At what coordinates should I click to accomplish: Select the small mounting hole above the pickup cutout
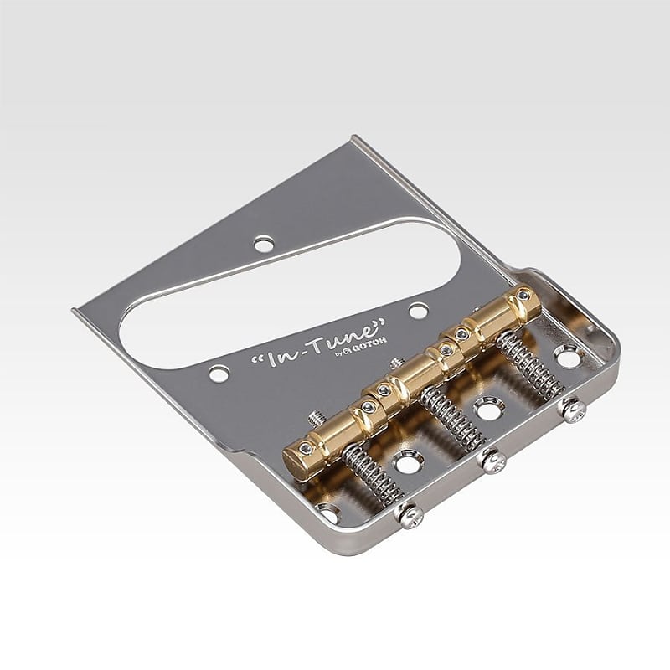tap(264, 244)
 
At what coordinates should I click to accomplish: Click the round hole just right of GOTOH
tap(418, 311)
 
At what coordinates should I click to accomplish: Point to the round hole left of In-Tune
tap(219, 374)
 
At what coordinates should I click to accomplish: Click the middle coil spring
tap(452, 416)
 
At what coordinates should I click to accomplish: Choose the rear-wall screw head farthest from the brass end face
tap(574, 410)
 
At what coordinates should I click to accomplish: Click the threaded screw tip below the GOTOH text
tap(394, 363)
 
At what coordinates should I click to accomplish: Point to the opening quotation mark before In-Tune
tap(255, 358)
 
